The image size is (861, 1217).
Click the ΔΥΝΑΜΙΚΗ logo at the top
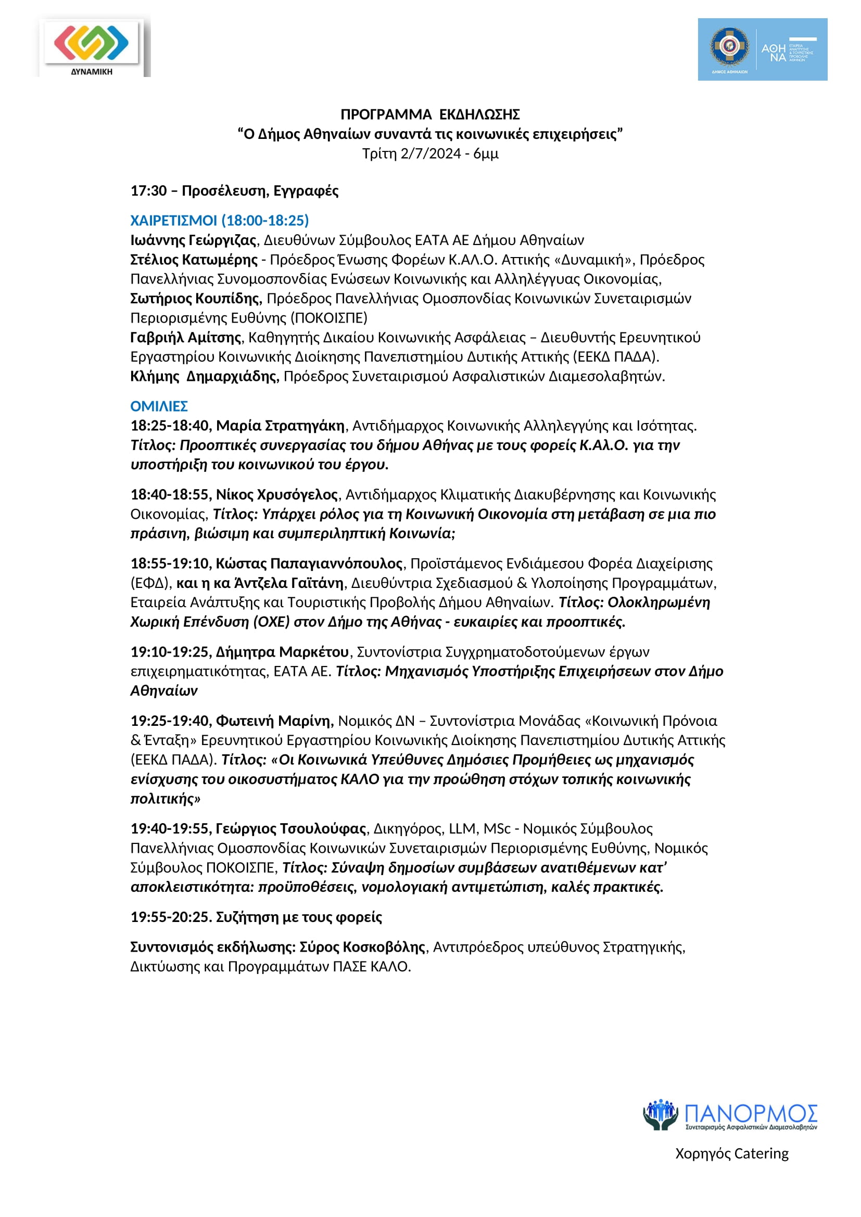coord(91,47)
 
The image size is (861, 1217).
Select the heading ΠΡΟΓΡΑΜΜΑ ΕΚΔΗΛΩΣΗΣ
coord(430,114)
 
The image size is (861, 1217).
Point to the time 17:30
coord(149,191)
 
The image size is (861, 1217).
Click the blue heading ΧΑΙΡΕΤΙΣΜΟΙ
coord(174,221)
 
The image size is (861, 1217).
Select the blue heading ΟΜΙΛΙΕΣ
coord(159,406)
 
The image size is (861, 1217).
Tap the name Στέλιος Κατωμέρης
coord(194,260)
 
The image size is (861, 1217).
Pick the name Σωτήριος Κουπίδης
coord(196,299)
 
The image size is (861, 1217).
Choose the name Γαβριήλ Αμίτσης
coord(186,338)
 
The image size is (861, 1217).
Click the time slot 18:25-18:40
coord(171,426)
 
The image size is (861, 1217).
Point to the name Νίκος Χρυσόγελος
coord(277,495)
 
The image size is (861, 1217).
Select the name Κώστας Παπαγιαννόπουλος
coord(309,564)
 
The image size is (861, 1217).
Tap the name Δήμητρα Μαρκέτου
coord(282,652)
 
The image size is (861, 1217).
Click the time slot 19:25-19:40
coord(171,721)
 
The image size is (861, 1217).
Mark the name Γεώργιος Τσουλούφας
coord(290,829)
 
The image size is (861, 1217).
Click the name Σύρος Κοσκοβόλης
coord(362,947)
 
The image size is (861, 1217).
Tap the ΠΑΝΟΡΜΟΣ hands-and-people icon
coord(660,1112)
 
